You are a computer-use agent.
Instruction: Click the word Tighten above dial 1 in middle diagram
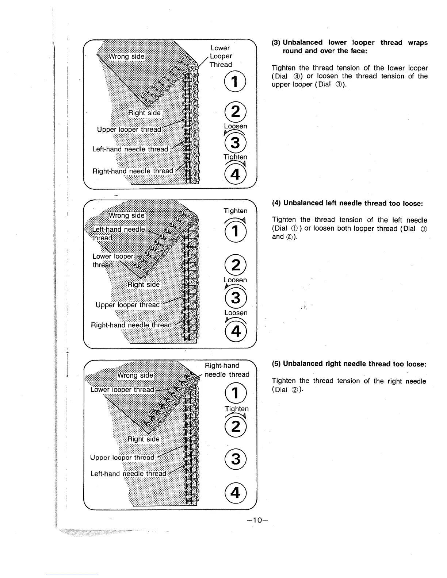click(x=235, y=211)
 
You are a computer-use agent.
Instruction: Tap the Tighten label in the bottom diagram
click(x=236, y=409)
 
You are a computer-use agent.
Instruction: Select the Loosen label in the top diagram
click(x=235, y=126)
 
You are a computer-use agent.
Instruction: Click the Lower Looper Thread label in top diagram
click(x=221, y=56)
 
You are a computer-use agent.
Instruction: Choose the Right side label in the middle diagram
click(x=143, y=284)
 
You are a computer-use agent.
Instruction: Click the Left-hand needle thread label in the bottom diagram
click(x=128, y=474)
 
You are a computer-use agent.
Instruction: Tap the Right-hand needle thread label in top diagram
click(x=133, y=171)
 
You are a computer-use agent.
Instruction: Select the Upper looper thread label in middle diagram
click(x=127, y=305)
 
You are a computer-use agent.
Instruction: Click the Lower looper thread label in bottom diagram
click(x=122, y=390)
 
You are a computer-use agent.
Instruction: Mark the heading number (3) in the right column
click(x=276, y=43)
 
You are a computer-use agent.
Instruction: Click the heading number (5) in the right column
click(x=276, y=364)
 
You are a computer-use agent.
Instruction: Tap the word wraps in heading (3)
click(x=418, y=43)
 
